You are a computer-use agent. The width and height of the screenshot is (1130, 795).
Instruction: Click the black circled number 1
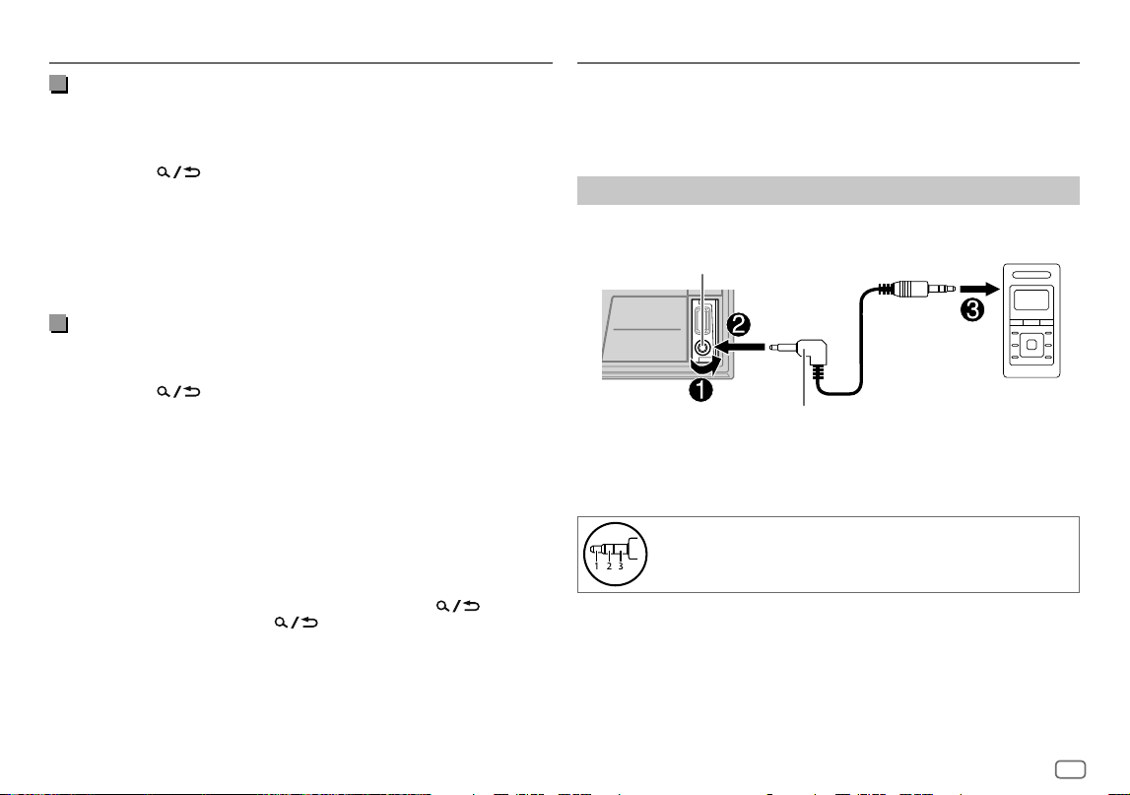pos(700,390)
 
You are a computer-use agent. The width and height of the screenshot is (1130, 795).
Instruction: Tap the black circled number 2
pos(739,324)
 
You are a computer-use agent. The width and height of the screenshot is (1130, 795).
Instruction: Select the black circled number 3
pos(972,310)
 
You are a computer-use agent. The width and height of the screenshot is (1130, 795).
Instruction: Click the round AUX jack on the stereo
pos(702,348)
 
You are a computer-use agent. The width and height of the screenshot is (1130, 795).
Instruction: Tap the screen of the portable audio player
pos(1031,299)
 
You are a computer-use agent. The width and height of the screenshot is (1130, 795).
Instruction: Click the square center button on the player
pos(1031,345)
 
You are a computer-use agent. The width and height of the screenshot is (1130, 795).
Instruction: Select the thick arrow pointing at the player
pos(980,289)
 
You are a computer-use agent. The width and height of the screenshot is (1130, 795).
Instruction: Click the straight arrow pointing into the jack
pos(739,348)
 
